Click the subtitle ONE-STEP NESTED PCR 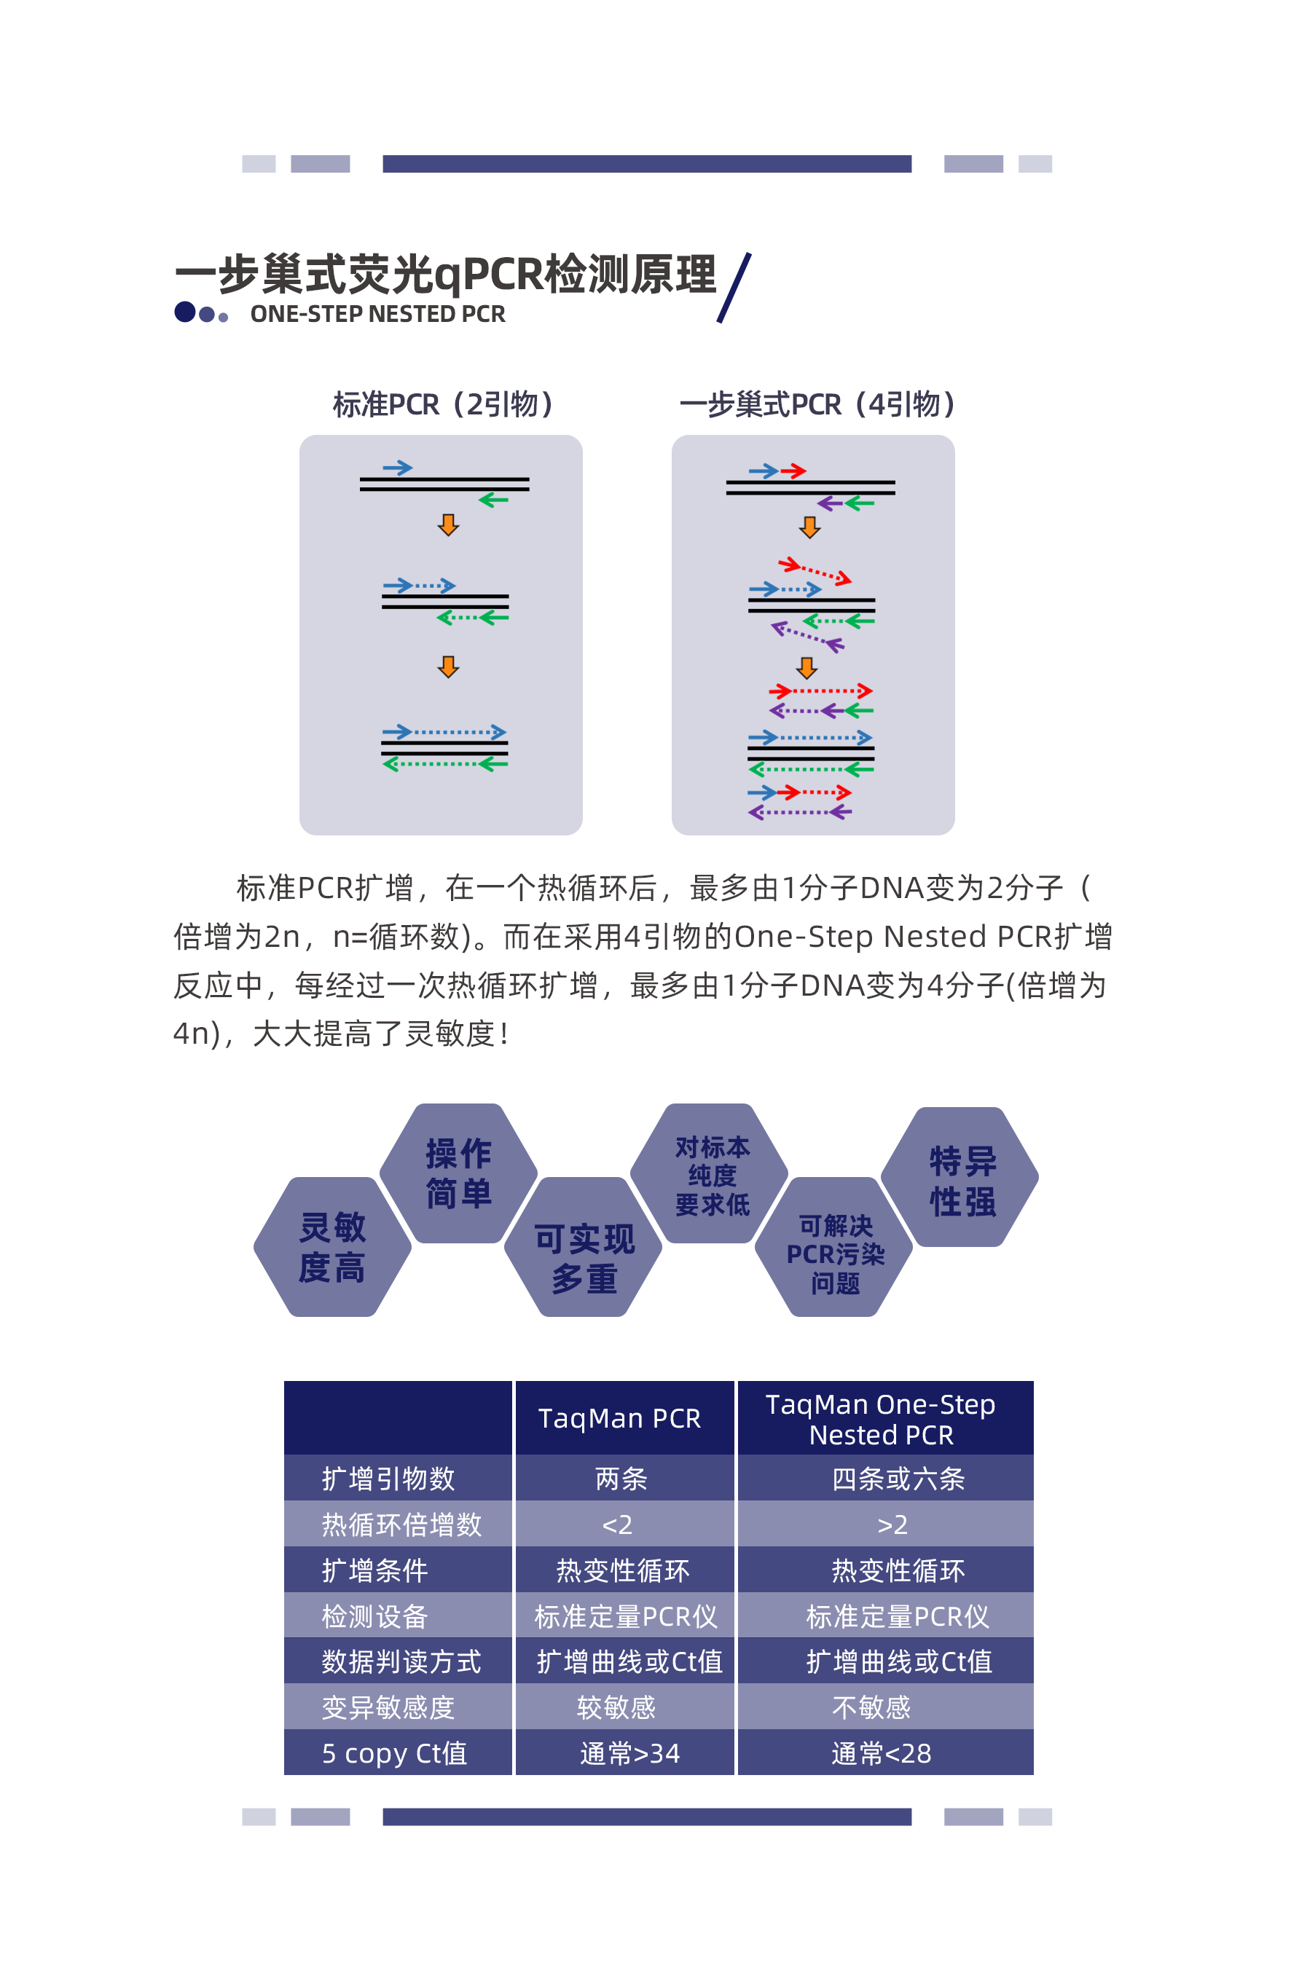pyautogui.click(x=377, y=315)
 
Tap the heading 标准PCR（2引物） pyautogui.click(x=442, y=404)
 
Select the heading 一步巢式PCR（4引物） pyautogui.click(x=817, y=404)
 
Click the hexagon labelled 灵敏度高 pyautogui.click(x=333, y=1246)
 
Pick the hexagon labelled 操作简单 pyautogui.click(x=458, y=1173)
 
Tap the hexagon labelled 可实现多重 pyautogui.click(x=584, y=1246)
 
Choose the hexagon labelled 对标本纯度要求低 pyautogui.click(x=710, y=1173)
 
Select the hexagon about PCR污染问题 pyautogui.click(x=834, y=1246)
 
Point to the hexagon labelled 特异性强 pyautogui.click(x=960, y=1176)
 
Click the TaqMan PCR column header pyautogui.click(x=620, y=1417)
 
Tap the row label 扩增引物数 pyautogui.click(x=388, y=1479)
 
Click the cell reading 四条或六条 pyautogui.click(x=898, y=1479)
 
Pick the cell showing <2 pyautogui.click(x=617, y=1524)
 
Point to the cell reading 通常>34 pyautogui.click(x=629, y=1752)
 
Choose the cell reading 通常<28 pyautogui.click(x=881, y=1752)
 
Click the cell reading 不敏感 pyautogui.click(x=871, y=1707)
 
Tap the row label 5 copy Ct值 pyautogui.click(x=394, y=1752)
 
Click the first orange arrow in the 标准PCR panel pyautogui.click(x=448, y=524)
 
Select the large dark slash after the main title pyautogui.click(x=734, y=288)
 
